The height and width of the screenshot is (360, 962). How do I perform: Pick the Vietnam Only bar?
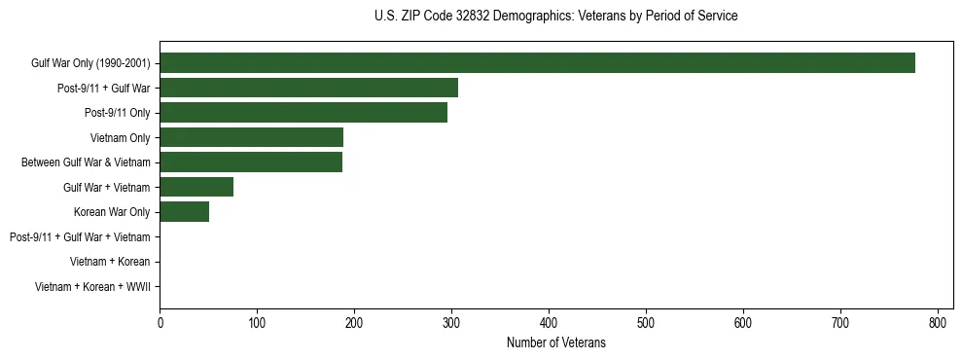[x=251, y=137]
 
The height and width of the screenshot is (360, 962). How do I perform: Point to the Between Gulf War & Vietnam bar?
[x=251, y=162]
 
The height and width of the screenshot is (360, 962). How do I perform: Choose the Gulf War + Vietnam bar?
[x=196, y=187]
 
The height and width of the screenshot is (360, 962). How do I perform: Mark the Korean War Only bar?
[x=184, y=212]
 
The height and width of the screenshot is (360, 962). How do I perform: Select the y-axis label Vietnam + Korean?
[x=110, y=262]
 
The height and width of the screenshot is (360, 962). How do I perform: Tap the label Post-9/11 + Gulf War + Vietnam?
[x=80, y=236]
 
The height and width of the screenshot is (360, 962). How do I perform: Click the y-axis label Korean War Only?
[x=112, y=212]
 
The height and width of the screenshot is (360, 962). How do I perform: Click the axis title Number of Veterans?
[x=555, y=342]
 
